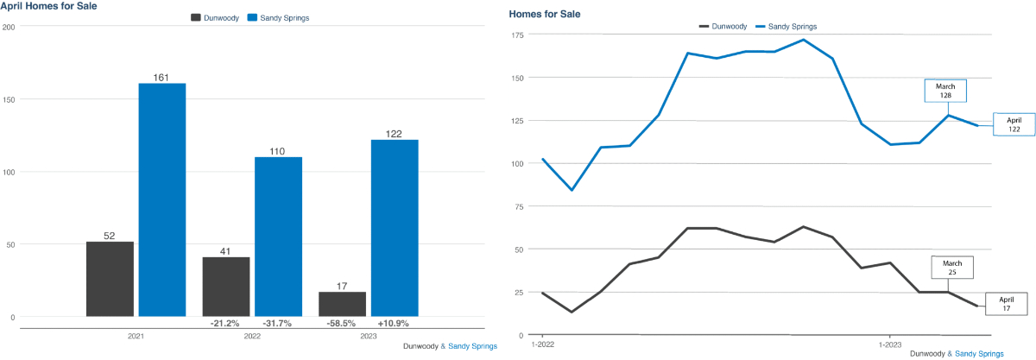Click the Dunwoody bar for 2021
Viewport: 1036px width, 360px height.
110,279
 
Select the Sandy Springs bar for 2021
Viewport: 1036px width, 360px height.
162,199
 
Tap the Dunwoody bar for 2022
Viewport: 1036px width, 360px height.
225,287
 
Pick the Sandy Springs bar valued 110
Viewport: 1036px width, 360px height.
279,237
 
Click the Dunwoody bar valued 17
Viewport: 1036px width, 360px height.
342,304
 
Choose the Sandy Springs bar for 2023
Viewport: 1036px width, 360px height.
395,228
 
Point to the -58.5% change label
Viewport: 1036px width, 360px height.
342,324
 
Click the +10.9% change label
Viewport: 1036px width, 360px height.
395,324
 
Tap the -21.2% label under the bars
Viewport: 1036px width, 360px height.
225,324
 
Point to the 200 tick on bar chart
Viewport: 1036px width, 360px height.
9,27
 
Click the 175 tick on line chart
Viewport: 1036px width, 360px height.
518,35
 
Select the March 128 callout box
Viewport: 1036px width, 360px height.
946,90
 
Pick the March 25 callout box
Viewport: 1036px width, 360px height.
952,267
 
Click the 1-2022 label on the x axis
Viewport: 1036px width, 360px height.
542,344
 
